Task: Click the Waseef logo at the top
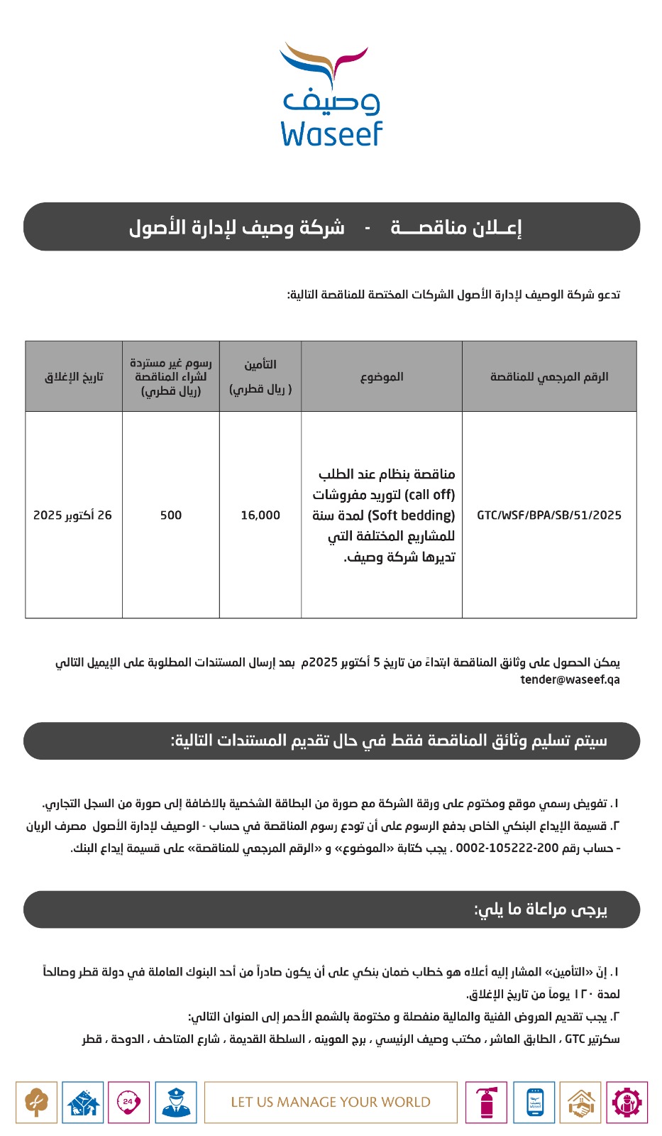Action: pos(331,94)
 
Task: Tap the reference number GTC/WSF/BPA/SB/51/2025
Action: pos(549,515)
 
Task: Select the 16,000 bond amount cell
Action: pos(260,515)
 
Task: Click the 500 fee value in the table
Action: pos(171,515)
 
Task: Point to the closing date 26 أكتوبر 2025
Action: pos(72,515)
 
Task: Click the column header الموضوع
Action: pos(382,376)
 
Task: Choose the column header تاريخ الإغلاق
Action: pos(74,376)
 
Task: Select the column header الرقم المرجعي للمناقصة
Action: pos(549,376)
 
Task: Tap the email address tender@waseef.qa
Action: pos(570,679)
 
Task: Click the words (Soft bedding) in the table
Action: pos(412,515)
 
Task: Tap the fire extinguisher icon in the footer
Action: pos(487,1103)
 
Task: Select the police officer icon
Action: pos(175,1103)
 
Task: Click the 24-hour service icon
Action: pos(128,1103)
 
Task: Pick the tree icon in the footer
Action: pos(36,1103)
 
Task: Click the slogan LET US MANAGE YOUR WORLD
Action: pos(331,1103)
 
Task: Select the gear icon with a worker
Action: pos(627,1103)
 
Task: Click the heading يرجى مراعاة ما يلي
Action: pos(541,910)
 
